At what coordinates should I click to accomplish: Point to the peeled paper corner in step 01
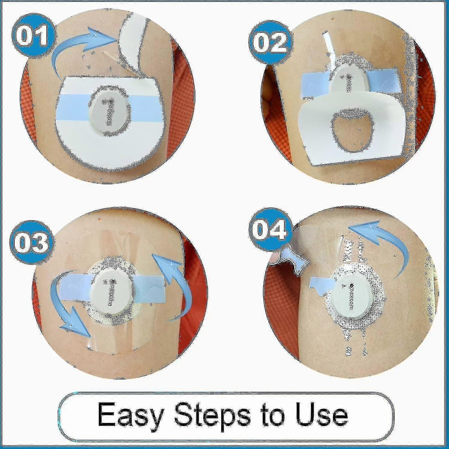click(133, 39)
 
